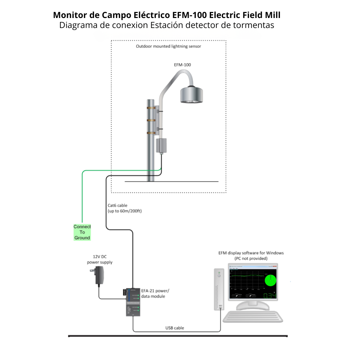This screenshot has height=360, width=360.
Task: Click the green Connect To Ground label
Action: [x=82, y=232]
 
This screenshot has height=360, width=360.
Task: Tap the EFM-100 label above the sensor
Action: [x=182, y=65]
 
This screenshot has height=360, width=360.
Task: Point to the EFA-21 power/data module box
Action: [x=133, y=302]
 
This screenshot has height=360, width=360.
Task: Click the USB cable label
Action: [x=175, y=328]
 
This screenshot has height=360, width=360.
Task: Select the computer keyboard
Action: [x=253, y=316]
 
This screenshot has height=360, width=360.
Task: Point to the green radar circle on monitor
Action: [x=271, y=280]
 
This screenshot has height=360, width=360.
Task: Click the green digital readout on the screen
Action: [x=269, y=296]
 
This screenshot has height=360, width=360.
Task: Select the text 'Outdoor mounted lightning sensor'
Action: [x=168, y=46]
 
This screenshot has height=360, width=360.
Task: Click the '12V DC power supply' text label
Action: [x=100, y=260]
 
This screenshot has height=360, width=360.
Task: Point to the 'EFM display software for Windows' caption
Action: [x=251, y=253]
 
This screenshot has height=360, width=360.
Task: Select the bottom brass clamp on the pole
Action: [x=151, y=133]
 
